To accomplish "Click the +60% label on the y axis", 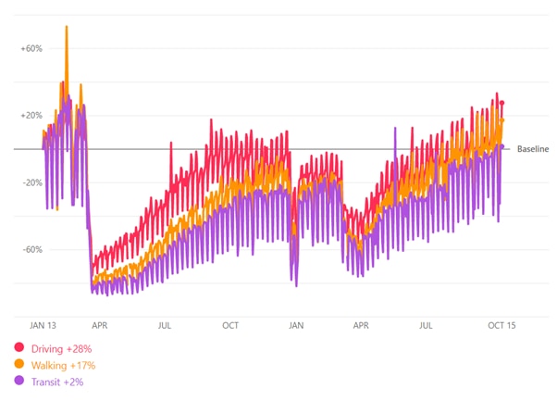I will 31,48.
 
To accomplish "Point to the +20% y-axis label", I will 31,116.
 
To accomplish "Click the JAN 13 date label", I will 43,326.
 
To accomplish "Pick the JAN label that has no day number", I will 296,326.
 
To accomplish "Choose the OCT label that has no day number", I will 230,326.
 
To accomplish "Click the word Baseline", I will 533,149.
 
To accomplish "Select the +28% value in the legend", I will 79,348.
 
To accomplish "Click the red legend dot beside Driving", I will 19,348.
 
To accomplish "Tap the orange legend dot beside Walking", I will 19,365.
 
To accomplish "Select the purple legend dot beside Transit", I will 19,381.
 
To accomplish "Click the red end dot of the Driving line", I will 502,103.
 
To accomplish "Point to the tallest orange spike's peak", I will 67,27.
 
